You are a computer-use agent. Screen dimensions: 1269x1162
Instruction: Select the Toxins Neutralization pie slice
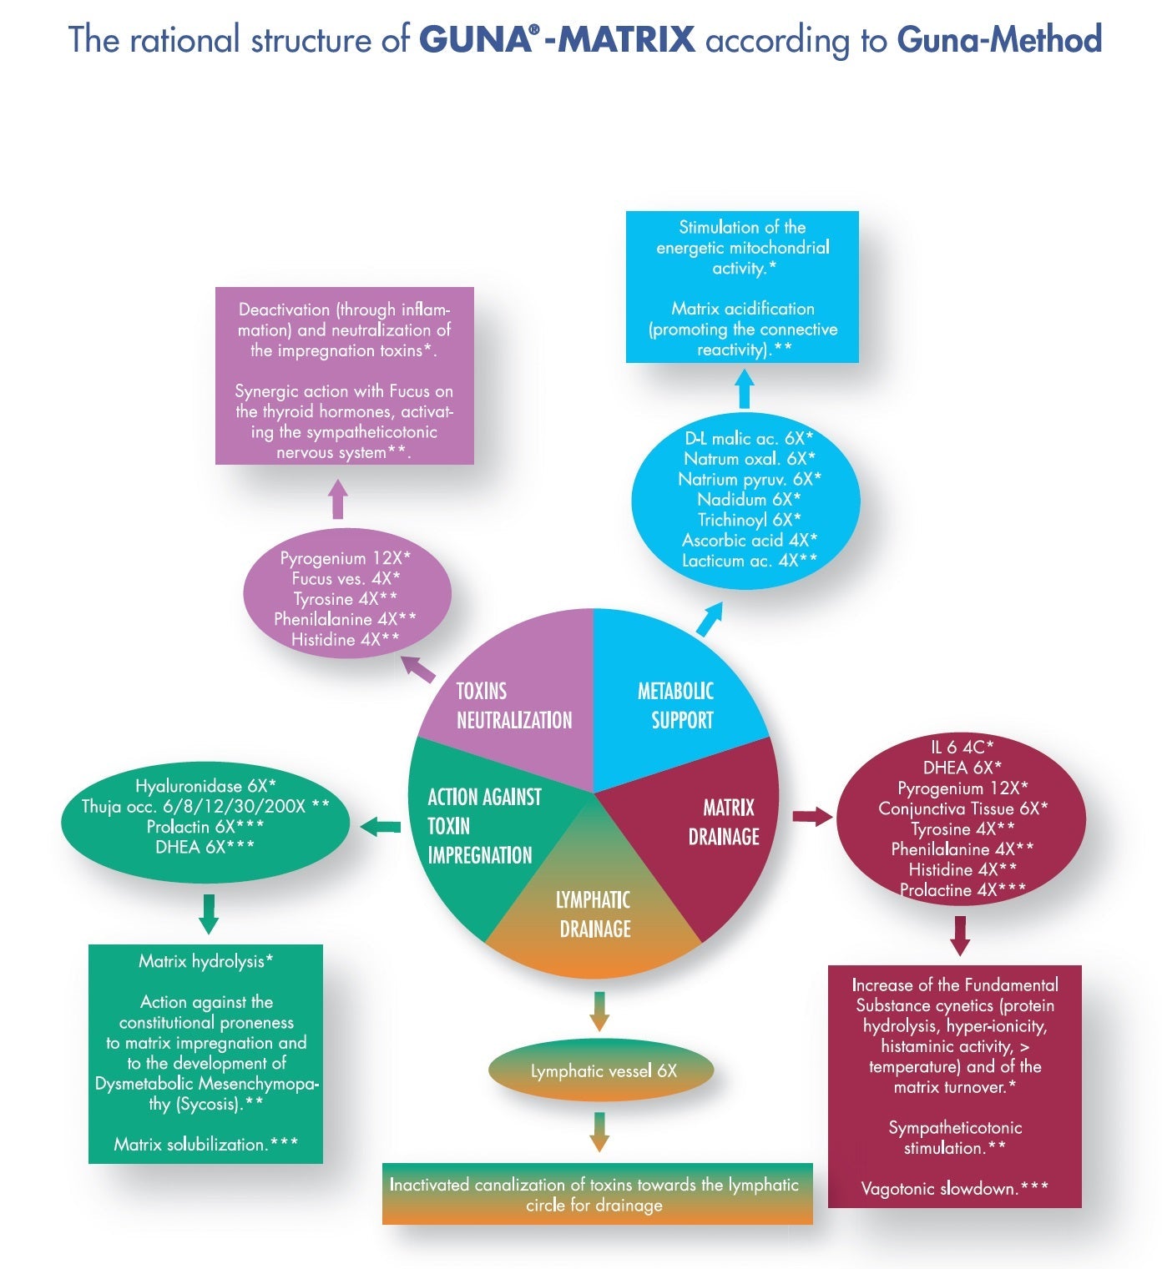click(x=513, y=705)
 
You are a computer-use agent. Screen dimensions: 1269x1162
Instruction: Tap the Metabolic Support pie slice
click(x=675, y=705)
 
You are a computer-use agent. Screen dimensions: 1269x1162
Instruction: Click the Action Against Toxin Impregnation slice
click(x=480, y=826)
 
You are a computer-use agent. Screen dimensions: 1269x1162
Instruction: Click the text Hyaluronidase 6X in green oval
click(x=205, y=786)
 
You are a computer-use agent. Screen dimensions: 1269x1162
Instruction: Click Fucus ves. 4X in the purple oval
click(x=346, y=579)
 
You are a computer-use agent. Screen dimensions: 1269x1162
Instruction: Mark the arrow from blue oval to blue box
click(x=745, y=389)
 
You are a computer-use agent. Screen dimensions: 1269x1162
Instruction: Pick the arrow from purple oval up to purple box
click(x=338, y=499)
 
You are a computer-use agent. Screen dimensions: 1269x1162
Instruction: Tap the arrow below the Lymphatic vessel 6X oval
click(x=599, y=1131)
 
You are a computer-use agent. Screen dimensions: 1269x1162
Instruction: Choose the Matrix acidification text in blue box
click(x=743, y=309)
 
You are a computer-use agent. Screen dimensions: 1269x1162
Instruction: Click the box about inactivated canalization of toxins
click(x=597, y=1195)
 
